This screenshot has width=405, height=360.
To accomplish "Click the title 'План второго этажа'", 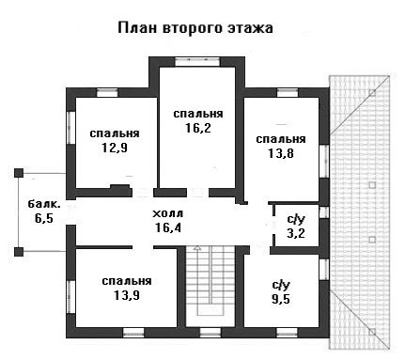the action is click(x=195, y=28).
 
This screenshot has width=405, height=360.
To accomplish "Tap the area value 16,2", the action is click(x=198, y=128).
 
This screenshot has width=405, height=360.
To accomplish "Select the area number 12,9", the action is click(x=115, y=148).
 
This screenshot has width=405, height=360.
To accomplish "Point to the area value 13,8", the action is click(x=281, y=153).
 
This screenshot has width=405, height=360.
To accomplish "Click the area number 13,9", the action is click(x=127, y=295).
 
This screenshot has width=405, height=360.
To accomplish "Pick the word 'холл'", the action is click(x=168, y=214).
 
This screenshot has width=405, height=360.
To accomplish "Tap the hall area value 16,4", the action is click(x=168, y=227).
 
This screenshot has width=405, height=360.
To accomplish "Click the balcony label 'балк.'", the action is click(x=44, y=204).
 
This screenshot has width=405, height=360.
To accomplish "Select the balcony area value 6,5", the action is click(x=44, y=218).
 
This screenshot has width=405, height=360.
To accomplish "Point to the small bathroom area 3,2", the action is click(x=296, y=233).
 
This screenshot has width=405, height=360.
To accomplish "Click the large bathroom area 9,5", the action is click(x=281, y=299).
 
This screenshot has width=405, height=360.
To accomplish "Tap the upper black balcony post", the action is click(x=19, y=173).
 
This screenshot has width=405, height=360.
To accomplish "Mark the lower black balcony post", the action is click(x=19, y=252).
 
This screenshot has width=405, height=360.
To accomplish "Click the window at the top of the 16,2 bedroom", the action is click(x=197, y=61).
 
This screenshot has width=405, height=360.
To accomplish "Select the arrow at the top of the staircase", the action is click(x=197, y=248).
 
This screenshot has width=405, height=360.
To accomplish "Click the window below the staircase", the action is click(x=210, y=332).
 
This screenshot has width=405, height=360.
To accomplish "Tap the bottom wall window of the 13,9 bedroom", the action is click(x=133, y=332).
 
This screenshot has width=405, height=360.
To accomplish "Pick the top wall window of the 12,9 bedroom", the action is click(x=107, y=93).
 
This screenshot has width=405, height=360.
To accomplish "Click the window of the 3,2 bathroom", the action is click(x=324, y=212).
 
